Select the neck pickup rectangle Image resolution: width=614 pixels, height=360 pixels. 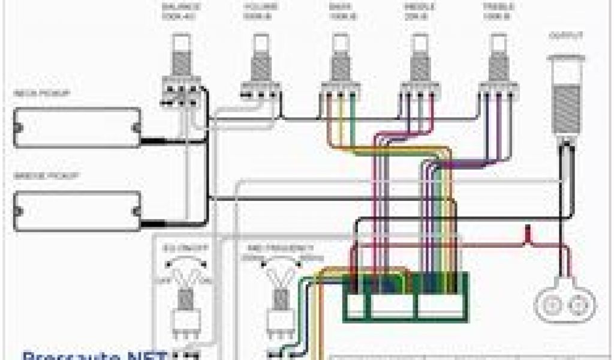point(77,127)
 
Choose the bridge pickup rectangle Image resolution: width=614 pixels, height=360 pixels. point(77,210)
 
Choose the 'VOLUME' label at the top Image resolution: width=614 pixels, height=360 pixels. point(260,7)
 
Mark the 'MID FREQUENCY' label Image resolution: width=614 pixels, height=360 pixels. point(277,248)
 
